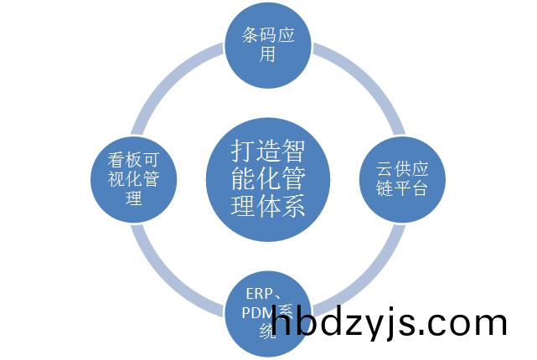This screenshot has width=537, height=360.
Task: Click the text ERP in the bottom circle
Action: (x=258, y=295)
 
